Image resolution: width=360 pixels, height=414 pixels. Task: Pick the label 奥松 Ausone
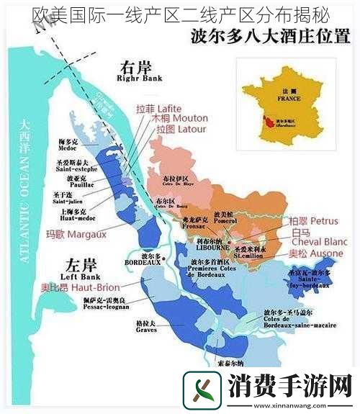(315, 254)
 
